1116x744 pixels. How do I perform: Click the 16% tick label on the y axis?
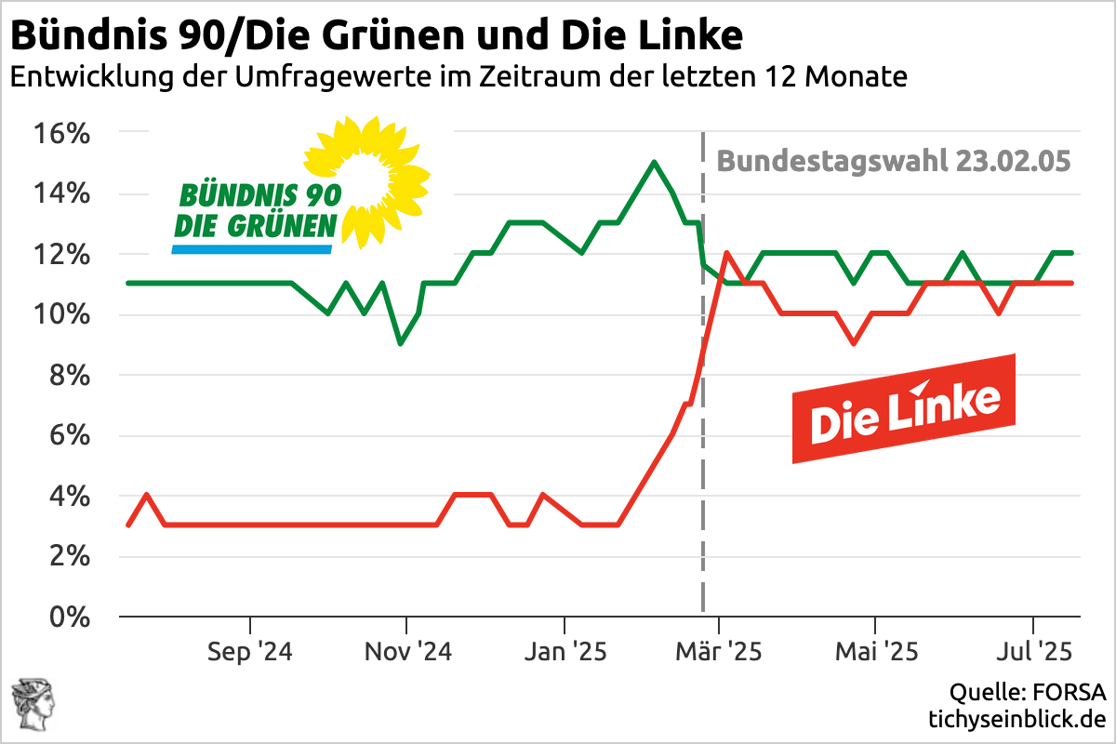pyautogui.click(x=62, y=134)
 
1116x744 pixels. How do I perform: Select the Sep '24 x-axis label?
pyautogui.click(x=250, y=651)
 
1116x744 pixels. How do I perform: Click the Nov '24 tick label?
pyautogui.click(x=407, y=651)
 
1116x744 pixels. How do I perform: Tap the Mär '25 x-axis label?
pyautogui.click(x=718, y=651)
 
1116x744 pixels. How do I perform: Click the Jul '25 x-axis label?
pyautogui.click(x=1033, y=651)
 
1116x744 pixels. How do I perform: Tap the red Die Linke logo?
pyautogui.click(x=903, y=409)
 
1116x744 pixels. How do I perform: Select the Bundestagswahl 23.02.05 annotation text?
pyautogui.click(x=894, y=161)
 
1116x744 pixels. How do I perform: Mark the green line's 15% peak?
pyautogui.click(x=654, y=162)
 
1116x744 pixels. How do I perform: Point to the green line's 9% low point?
pyautogui.click(x=400, y=343)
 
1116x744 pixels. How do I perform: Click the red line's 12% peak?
pyautogui.click(x=725, y=253)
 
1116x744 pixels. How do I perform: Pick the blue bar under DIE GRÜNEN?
pyautogui.click(x=252, y=249)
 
